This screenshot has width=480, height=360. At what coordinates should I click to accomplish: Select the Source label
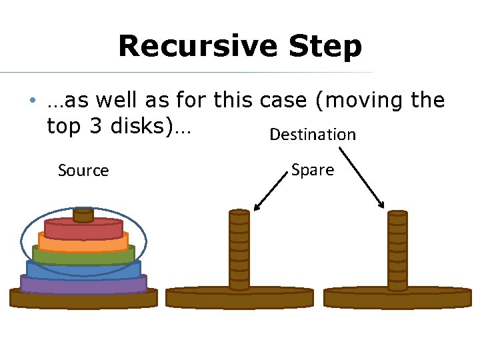pyautogui.click(x=83, y=171)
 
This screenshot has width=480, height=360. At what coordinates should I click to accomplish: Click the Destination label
pyautogui.click(x=313, y=135)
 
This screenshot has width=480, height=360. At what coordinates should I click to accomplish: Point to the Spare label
pyautogui.click(x=313, y=170)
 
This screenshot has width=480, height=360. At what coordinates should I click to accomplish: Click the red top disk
pyautogui.click(x=83, y=229)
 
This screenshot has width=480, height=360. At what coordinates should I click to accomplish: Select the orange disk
pyautogui.click(x=83, y=242)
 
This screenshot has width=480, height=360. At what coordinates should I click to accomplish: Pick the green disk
pyautogui.click(x=83, y=255)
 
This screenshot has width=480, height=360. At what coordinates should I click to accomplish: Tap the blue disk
pyautogui.click(x=83, y=269)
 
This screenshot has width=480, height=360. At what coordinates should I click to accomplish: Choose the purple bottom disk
pyautogui.click(x=83, y=283)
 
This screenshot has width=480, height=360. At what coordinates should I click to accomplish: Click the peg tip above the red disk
pyautogui.click(x=83, y=215)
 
